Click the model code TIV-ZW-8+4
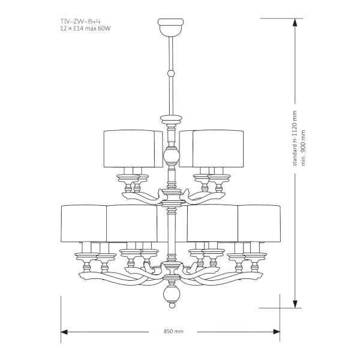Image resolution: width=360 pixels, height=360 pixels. point(80,22)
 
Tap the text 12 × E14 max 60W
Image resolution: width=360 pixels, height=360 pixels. point(85,29)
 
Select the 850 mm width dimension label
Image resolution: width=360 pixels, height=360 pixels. point(173,332)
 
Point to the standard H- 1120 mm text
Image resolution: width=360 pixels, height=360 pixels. point(295,138)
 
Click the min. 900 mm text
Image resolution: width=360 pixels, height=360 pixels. point(304,148)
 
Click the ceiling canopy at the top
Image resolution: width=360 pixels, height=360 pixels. point(171,27)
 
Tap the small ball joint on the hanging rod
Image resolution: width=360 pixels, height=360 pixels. point(171,73)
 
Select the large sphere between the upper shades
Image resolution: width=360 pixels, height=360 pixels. point(171,156)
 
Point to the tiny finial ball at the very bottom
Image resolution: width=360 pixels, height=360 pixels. point(172,305)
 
